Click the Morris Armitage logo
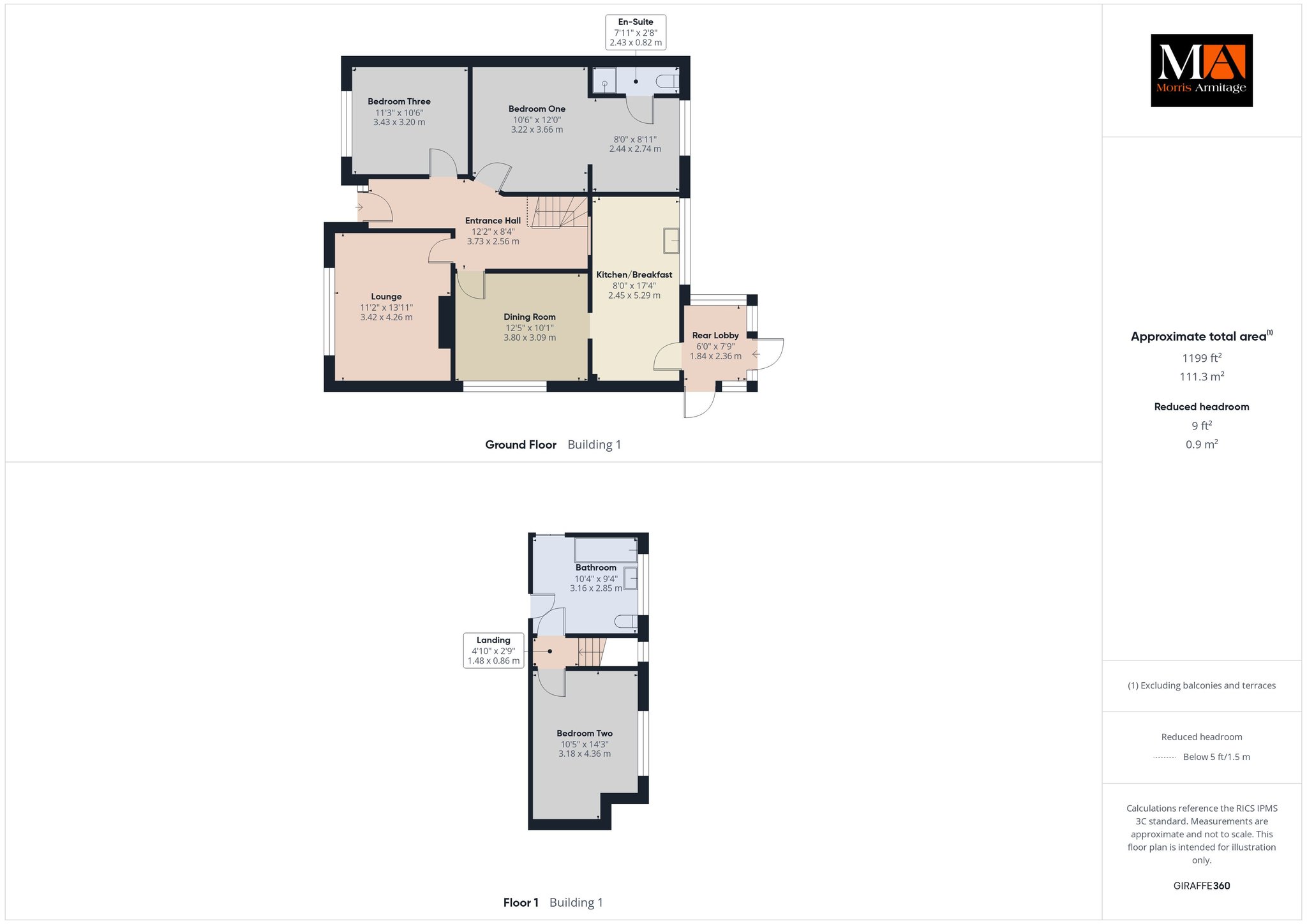(x=1201, y=70)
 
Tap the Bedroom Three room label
(x=399, y=101)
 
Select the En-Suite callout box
(x=636, y=33)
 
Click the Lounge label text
(x=386, y=297)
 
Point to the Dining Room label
(x=530, y=317)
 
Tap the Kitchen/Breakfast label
(x=634, y=275)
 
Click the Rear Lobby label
(x=715, y=336)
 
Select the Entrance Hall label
(x=493, y=221)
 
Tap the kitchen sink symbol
(x=671, y=241)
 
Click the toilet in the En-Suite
(x=668, y=81)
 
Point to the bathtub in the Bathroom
(x=606, y=549)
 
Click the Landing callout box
(x=493, y=650)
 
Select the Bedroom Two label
(x=585, y=734)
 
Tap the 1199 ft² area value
(x=1202, y=358)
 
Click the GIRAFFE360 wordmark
(x=1202, y=886)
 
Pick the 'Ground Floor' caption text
(x=521, y=445)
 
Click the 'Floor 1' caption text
(x=521, y=902)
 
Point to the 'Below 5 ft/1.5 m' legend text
(x=1216, y=757)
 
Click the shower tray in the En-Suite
(x=604, y=80)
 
